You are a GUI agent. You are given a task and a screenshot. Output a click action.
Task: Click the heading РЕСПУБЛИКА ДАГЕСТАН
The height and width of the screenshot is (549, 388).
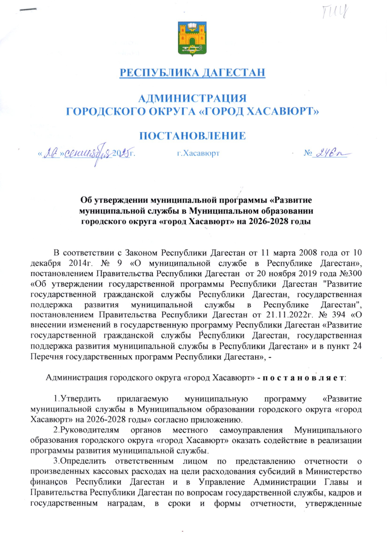pos(192,73)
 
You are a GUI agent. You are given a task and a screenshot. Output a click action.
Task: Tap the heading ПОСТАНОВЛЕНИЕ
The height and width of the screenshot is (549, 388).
pos(192,136)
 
